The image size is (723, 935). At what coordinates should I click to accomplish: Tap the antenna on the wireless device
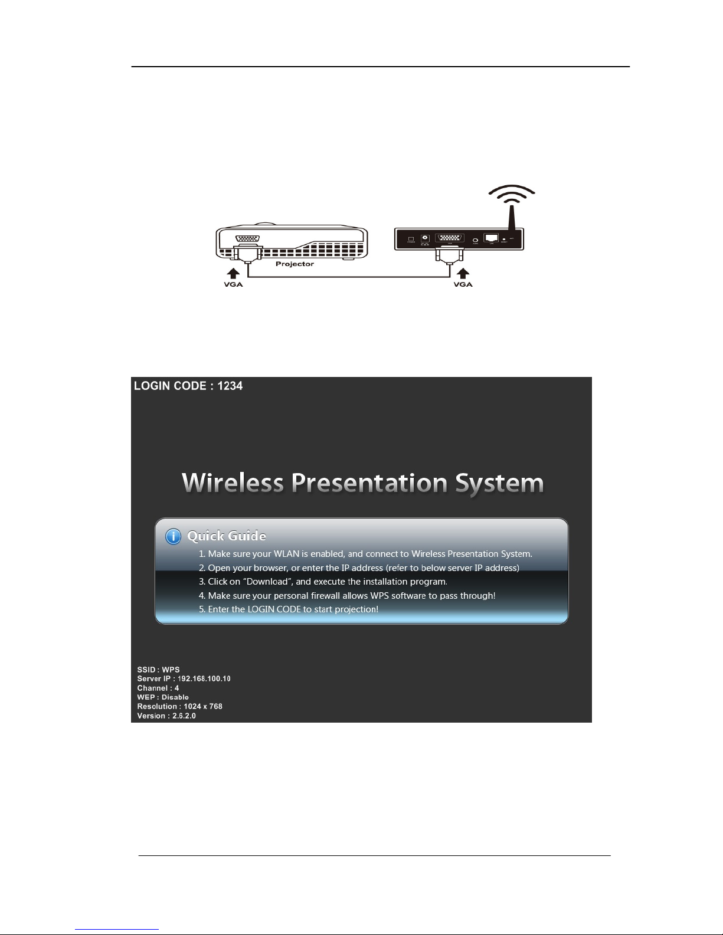pos(512,217)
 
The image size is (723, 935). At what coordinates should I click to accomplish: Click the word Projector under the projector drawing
pos(295,264)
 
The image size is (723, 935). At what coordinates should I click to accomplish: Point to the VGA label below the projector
pos(233,284)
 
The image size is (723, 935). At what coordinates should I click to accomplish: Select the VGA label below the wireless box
pos(463,284)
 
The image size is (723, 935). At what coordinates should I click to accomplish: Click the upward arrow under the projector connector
pos(233,274)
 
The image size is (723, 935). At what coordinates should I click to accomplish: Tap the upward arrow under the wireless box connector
pos(463,274)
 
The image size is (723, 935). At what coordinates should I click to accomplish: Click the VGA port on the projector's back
pos(247,238)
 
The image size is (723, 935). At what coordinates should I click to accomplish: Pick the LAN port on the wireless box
pos(491,238)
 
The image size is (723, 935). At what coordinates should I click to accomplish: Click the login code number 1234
pos(230,386)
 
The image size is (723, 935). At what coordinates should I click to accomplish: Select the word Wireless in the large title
pos(233,483)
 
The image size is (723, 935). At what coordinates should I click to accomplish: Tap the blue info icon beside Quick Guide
pos(173,537)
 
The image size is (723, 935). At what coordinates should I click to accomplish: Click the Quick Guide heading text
pos(227,536)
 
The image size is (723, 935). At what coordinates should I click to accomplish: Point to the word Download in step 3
pos(267,582)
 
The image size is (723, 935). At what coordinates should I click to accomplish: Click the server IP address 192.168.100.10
pos(204,678)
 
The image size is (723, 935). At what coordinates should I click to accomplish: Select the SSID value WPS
pos(171,670)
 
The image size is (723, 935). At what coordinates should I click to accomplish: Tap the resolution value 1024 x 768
pos(203,706)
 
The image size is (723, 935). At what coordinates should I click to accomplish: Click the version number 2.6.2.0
pos(184,716)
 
